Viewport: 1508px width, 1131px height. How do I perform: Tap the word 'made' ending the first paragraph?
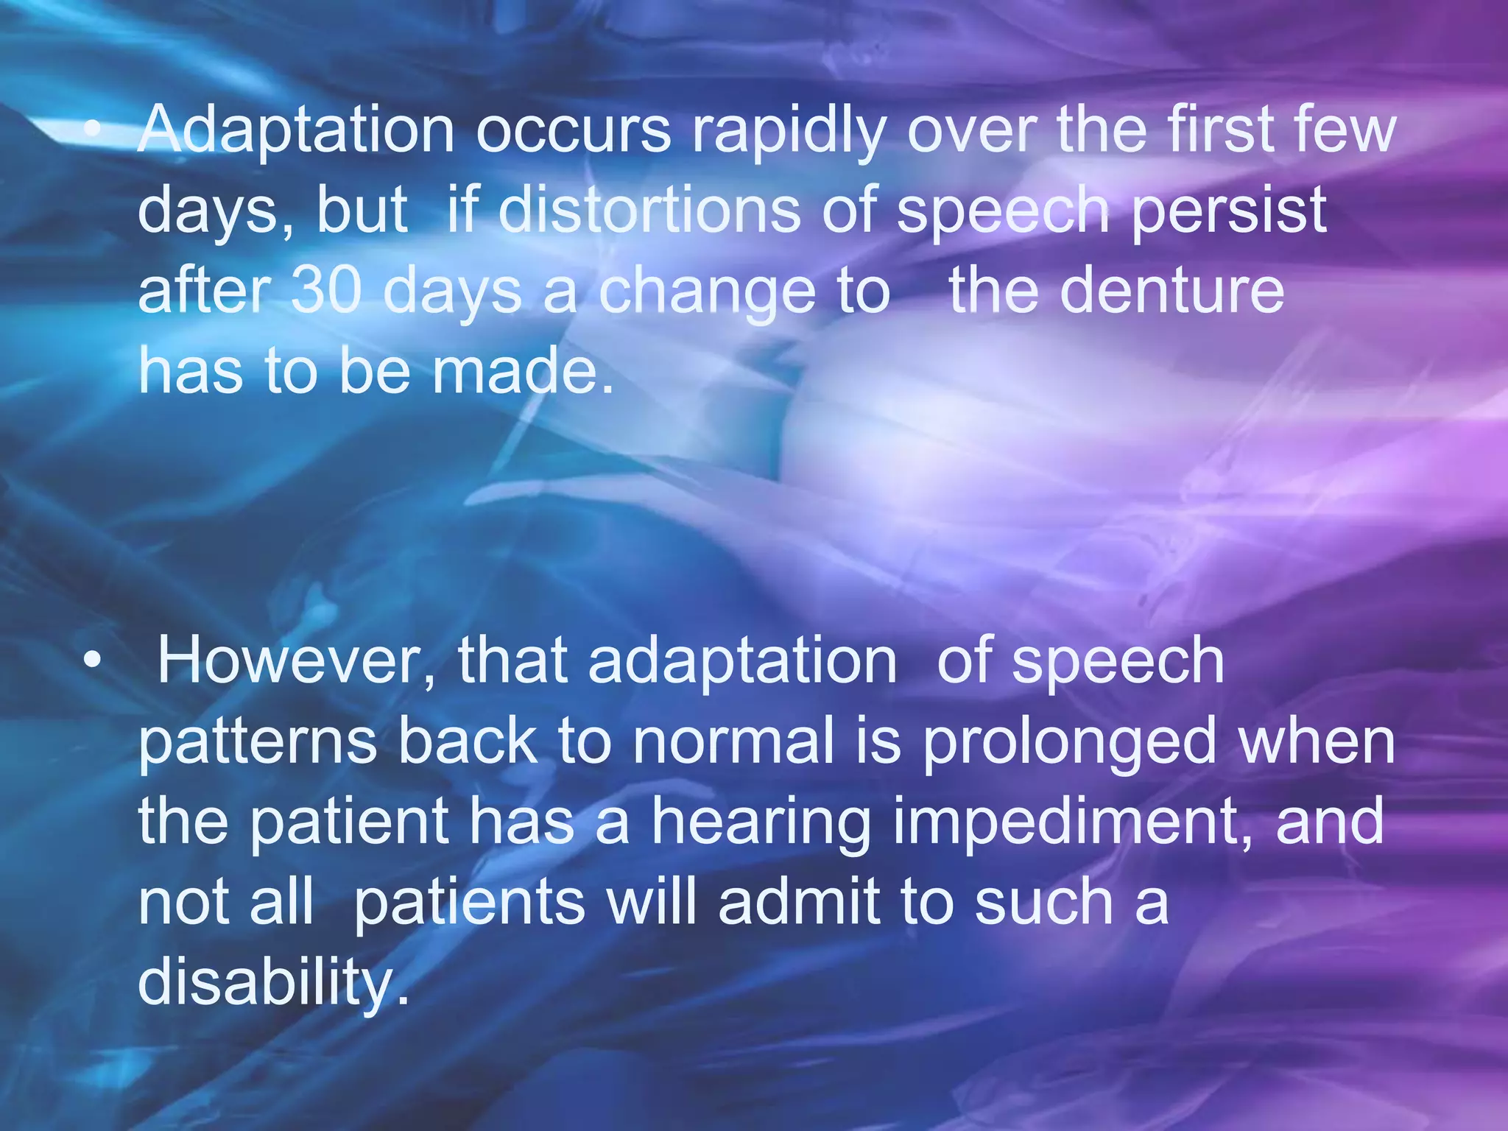point(523,371)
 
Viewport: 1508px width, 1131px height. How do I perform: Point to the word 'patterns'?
point(258,742)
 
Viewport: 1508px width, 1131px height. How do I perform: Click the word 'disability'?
point(273,982)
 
